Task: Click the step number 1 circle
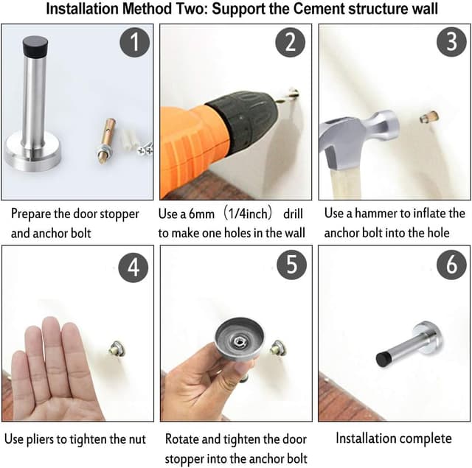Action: click(x=133, y=43)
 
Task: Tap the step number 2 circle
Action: click(x=291, y=43)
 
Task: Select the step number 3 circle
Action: click(x=450, y=43)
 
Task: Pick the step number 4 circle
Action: click(x=133, y=266)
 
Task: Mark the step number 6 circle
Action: click(x=450, y=266)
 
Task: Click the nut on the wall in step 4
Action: click(x=116, y=346)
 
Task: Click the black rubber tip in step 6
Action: click(x=383, y=360)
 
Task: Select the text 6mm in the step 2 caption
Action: click(x=212, y=214)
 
